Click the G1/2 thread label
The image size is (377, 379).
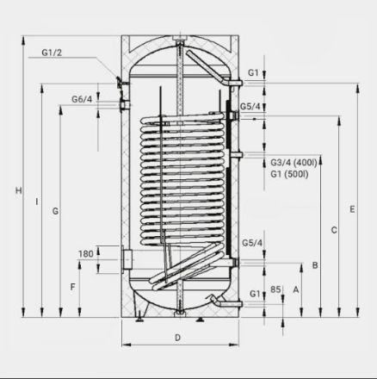[52, 53]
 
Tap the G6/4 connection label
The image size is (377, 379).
[82, 99]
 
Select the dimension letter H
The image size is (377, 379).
[18, 190]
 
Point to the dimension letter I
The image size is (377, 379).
[37, 202]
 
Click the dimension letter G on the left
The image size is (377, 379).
[55, 211]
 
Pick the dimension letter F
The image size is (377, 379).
[73, 287]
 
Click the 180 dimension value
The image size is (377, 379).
[86, 254]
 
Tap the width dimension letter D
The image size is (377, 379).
[177, 338]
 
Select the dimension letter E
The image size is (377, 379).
[352, 209]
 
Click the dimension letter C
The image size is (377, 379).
[334, 230]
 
